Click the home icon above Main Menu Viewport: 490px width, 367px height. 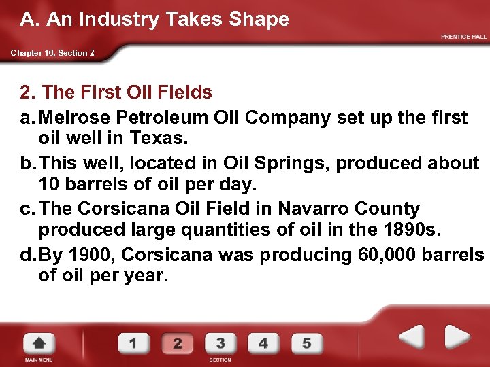tap(39, 343)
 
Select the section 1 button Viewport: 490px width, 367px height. tap(133, 343)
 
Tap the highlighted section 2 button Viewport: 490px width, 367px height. tap(177, 343)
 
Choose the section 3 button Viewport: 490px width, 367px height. tap(220, 343)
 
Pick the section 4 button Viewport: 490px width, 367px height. tap(263, 343)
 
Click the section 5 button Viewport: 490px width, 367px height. tap(306, 343)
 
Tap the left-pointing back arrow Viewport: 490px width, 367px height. tap(411, 337)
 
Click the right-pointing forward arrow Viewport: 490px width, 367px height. tap(457, 337)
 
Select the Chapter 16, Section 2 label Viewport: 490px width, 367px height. tap(52, 53)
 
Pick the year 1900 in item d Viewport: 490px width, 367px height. tap(88, 254)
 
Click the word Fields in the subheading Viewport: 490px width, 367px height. tap(183, 92)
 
